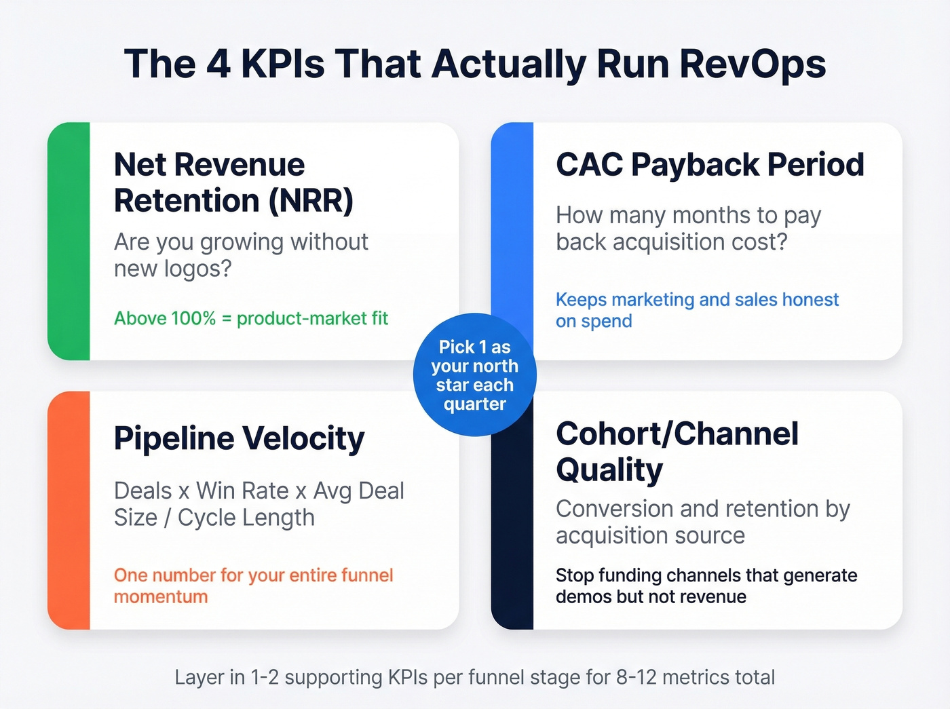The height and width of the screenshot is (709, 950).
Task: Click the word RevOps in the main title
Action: click(753, 64)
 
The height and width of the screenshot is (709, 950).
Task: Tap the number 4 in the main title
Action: click(218, 64)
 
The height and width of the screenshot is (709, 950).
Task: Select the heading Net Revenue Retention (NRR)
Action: click(233, 183)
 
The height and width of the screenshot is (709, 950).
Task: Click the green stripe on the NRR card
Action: click(69, 241)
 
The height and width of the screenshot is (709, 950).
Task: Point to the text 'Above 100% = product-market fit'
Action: click(251, 318)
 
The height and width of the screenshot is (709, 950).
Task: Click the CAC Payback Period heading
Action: click(710, 165)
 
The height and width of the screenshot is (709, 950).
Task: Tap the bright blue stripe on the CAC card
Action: click(512, 217)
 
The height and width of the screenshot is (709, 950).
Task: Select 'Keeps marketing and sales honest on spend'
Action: click(697, 310)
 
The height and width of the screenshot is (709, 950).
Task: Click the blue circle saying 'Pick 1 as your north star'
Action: click(475, 375)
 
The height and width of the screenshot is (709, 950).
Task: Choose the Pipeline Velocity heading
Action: click(239, 438)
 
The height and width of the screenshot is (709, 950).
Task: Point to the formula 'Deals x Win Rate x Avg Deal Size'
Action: click(259, 504)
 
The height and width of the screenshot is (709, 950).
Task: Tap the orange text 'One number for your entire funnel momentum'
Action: click(253, 586)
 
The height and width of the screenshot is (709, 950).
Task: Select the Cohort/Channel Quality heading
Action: click(677, 451)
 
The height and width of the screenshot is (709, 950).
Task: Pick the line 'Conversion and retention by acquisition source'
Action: click(702, 522)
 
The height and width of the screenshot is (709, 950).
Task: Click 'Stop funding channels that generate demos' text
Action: click(706, 586)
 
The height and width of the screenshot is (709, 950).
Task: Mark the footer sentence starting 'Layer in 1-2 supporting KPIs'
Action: click(475, 677)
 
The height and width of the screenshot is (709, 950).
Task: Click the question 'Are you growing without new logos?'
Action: click(241, 255)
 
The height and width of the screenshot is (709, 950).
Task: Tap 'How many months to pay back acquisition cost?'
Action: click(688, 229)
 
